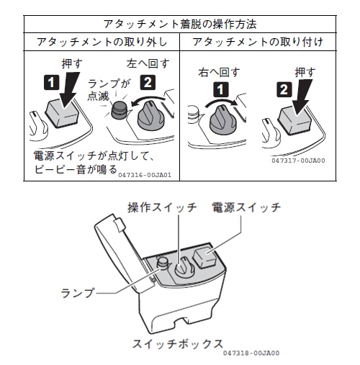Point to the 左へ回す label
(x=149, y=63)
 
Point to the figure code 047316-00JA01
(x=144, y=174)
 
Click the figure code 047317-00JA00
(x=298, y=161)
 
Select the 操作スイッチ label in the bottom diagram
(x=162, y=207)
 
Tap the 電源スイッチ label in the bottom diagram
(x=246, y=207)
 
